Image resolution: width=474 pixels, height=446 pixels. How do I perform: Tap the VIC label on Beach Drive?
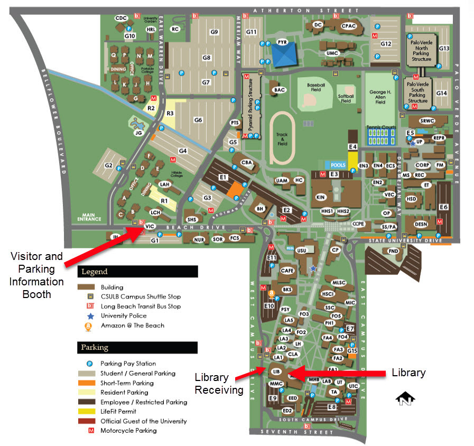click(x=150, y=226)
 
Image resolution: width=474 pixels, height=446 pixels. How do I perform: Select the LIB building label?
click(x=275, y=371)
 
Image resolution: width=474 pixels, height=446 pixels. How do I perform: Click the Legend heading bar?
click(x=137, y=272)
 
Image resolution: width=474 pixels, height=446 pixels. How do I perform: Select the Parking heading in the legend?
click(x=137, y=348)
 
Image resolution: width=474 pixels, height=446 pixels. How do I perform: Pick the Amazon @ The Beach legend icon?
click(x=89, y=326)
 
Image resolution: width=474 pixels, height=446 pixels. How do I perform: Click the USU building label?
click(x=302, y=250)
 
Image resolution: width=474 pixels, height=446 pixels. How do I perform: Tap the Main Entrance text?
click(x=89, y=216)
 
